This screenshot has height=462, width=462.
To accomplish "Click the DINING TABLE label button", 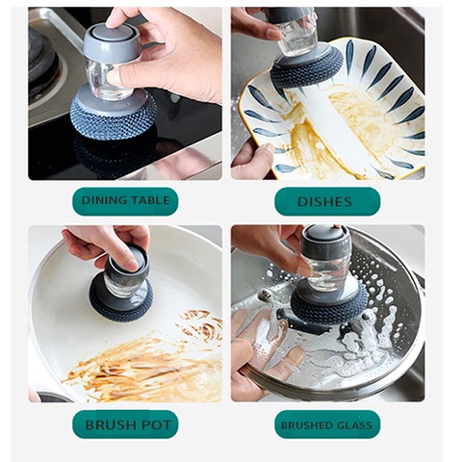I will pos(125,201).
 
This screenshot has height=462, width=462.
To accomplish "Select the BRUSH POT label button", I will pos(125,424).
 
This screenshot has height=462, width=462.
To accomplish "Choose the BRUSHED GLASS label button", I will pos(326,424).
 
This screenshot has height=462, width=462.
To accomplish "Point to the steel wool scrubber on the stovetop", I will pos(114,119).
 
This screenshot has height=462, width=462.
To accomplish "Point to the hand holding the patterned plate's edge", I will pos(250,161).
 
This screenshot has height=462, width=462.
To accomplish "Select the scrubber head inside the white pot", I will pos(120,301).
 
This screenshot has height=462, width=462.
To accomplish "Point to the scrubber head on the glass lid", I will pos(332,306).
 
